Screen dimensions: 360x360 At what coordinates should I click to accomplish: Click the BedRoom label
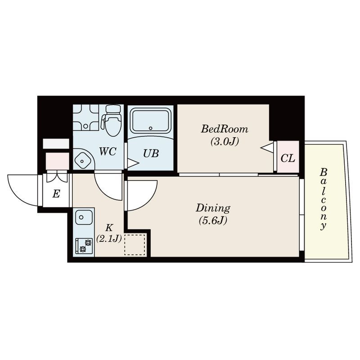(225, 129)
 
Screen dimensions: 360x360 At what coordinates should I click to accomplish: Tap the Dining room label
(213, 208)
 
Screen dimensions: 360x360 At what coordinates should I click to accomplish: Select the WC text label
(108, 152)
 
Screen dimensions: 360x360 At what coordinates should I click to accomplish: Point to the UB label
(151, 153)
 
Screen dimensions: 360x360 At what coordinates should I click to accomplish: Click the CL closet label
(288, 158)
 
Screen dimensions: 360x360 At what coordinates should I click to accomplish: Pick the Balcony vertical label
(323, 199)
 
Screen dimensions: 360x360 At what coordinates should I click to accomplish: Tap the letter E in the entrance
(56, 194)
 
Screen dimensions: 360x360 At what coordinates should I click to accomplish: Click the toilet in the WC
(112, 120)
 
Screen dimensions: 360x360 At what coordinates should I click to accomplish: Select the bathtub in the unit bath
(150, 121)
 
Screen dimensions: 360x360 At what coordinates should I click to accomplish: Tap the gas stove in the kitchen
(84, 246)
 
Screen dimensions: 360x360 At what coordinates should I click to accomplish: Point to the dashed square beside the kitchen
(135, 245)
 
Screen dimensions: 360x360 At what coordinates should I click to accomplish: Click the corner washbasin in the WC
(84, 159)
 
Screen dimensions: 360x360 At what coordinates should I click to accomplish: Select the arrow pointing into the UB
(133, 163)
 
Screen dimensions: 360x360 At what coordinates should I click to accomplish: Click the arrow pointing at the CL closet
(267, 147)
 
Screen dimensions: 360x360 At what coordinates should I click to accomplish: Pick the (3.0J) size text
(225, 141)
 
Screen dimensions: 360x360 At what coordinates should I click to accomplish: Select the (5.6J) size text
(213, 220)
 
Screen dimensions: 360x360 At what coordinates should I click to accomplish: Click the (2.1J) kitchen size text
(108, 239)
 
